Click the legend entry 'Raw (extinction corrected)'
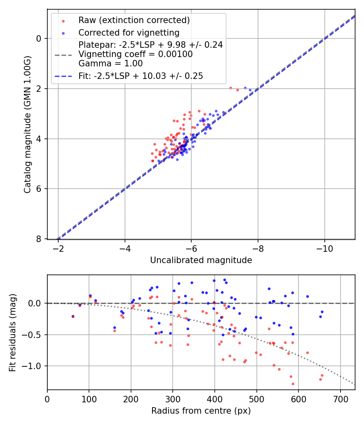point(134,20)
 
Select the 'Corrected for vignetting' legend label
point(129,32)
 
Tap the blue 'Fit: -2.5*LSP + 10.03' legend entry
point(141,76)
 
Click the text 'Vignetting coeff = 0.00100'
point(135,54)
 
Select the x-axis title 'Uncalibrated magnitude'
point(201,260)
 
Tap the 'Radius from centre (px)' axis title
point(201,411)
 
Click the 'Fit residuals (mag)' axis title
point(13,332)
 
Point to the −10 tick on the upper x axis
point(324,248)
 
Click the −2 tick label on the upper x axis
point(58,248)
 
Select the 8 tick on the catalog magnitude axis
point(39,239)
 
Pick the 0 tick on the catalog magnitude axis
point(39,38)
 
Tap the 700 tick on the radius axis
point(340,399)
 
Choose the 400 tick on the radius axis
point(215,399)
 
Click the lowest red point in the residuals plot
point(293,384)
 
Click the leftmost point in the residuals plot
point(73,316)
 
